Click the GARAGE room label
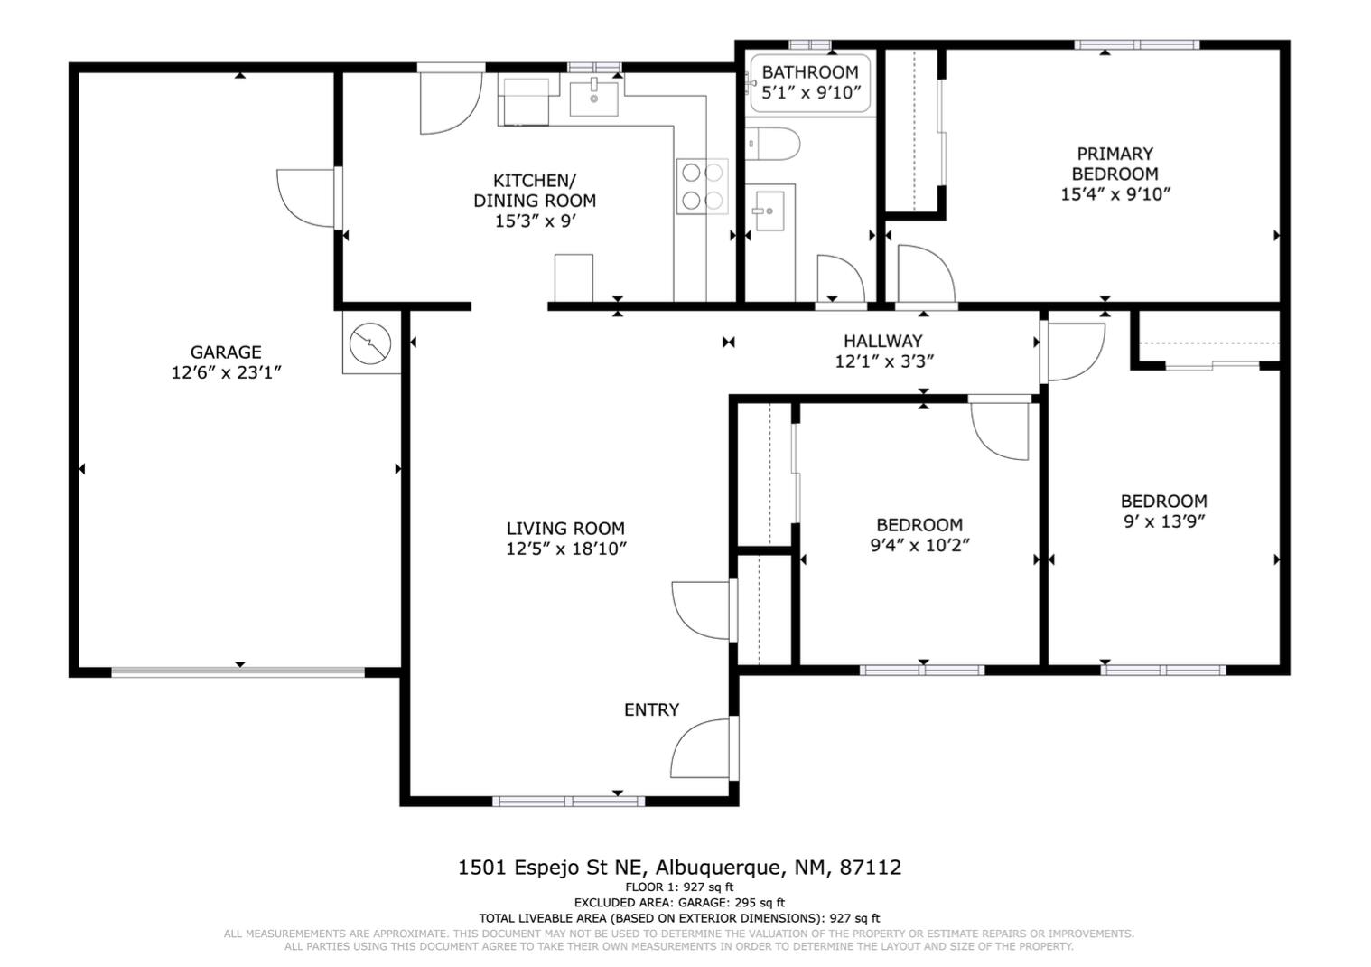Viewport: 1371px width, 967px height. pos(226,352)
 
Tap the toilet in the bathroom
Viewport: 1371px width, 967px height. pos(772,144)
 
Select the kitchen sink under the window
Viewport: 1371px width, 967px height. pos(593,97)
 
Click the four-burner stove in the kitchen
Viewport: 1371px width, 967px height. pos(702,186)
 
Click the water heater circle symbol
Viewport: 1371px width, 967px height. pos(370,343)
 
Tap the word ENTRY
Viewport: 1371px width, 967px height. pos(651,709)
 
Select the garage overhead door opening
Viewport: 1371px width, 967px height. pos(238,671)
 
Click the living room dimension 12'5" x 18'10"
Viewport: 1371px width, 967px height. pos(566,549)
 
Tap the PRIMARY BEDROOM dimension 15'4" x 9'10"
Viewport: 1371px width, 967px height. pos(1115,194)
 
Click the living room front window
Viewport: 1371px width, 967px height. pos(569,801)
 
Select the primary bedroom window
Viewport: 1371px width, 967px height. pos(1136,44)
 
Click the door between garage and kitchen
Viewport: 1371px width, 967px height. pos(309,198)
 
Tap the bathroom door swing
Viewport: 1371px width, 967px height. pos(841,279)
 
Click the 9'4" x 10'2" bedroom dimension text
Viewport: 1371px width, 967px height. pos(920,545)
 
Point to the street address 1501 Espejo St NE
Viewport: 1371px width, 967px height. pos(551,868)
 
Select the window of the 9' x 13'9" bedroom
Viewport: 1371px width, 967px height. pos(1163,670)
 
